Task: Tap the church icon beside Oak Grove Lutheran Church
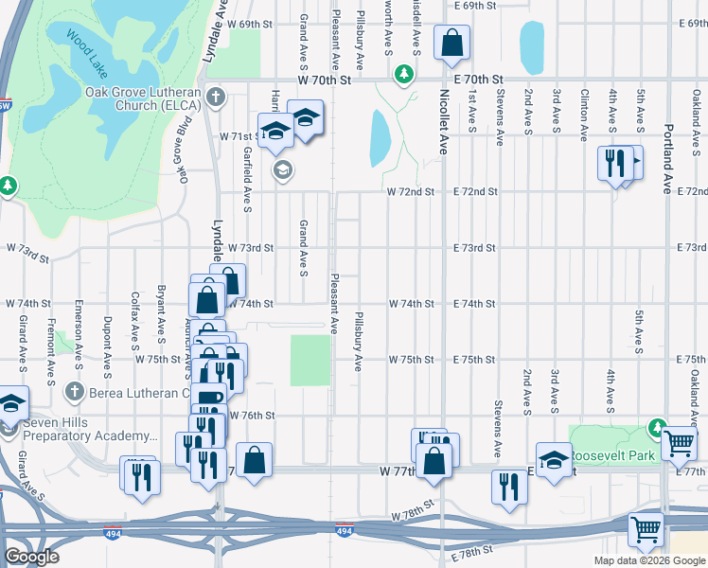[217, 96]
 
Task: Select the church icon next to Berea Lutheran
[76, 391]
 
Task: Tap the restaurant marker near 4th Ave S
[615, 162]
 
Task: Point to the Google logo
[31, 557]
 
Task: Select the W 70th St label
[324, 80]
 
